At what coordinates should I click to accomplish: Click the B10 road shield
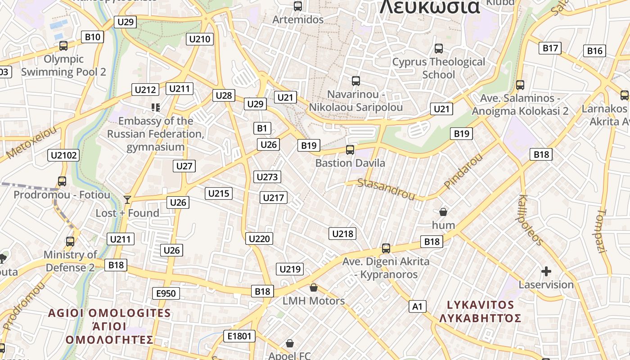(93, 37)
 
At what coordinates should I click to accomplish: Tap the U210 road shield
(200, 39)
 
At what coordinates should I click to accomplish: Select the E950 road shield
(166, 294)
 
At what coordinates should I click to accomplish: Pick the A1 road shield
(418, 307)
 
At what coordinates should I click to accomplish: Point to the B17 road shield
(550, 48)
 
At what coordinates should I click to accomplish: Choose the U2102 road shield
(63, 156)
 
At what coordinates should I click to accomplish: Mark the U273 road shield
(267, 177)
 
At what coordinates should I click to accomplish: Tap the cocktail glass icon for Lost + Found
(127, 199)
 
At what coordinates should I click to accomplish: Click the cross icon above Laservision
(546, 271)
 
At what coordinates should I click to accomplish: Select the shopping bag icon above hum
(443, 211)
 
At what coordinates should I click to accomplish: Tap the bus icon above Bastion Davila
(350, 150)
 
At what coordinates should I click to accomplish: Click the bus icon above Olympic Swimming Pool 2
(63, 46)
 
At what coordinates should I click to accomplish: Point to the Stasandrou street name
(386, 189)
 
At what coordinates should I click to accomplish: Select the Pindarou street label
(463, 171)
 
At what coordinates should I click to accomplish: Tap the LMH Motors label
(314, 301)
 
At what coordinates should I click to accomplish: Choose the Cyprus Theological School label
(439, 68)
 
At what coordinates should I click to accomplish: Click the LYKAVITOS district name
(480, 305)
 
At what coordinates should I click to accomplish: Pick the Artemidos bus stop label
(298, 20)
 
